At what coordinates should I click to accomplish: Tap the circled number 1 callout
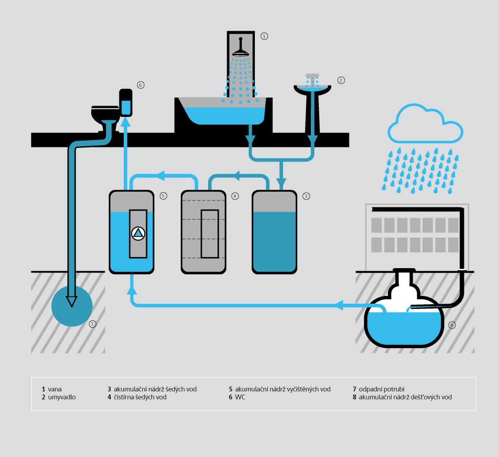(x=264, y=36)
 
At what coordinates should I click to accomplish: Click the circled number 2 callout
(x=341, y=80)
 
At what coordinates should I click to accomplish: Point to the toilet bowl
(x=104, y=115)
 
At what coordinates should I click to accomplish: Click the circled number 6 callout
(x=140, y=85)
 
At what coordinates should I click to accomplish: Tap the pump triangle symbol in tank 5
(x=138, y=233)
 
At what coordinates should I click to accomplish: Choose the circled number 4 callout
(x=235, y=196)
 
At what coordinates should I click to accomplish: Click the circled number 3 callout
(x=306, y=196)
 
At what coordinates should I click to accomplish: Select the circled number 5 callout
(x=163, y=196)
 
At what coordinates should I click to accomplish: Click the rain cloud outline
(x=425, y=123)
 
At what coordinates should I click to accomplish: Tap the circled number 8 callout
(x=452, y=325)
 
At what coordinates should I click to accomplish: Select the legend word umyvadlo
(x=62, y=397)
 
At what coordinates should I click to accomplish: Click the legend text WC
(x=240, y=397)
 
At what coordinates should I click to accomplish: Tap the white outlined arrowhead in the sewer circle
(x=72, y=301)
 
